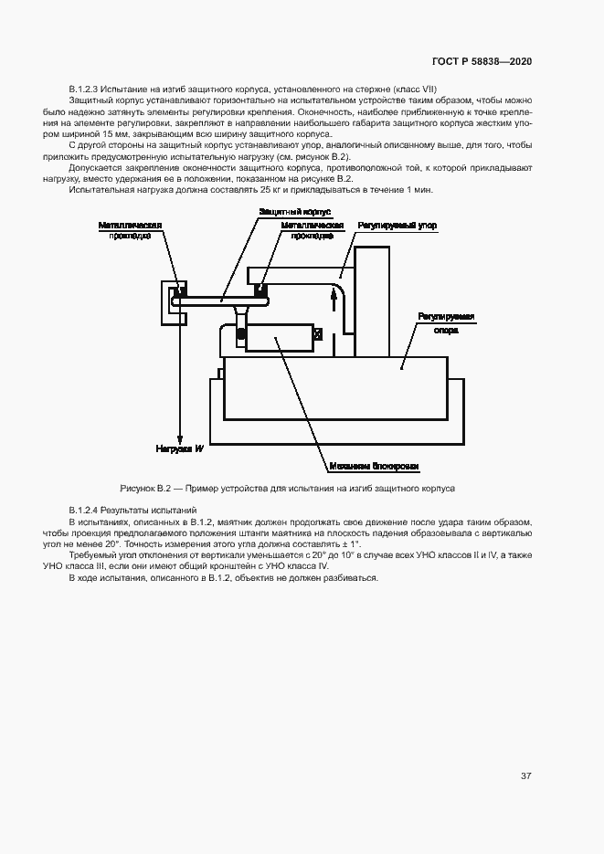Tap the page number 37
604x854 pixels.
click(525, 776)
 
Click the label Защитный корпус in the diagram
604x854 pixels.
click(287, 212)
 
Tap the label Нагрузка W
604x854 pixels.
click(179, 449)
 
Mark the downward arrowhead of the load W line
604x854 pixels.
click(181, 437)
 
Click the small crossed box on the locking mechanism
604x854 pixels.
click(317, 335)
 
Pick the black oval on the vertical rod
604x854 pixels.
click(240, 336)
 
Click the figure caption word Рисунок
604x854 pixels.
click(138, 489)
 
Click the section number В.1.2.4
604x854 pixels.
click(88, 509)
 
